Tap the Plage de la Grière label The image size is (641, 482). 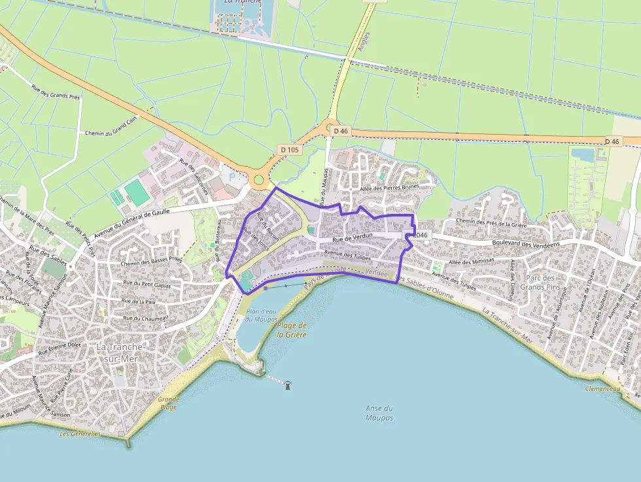click(292, 330)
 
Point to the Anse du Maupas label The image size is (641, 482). click(379, 413)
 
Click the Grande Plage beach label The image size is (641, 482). click(168, 403)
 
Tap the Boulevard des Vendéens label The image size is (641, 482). click(527, 244)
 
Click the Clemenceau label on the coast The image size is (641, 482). click(602, 388)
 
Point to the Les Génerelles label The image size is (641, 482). click(80, 434)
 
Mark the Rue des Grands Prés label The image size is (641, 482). click(56, 95)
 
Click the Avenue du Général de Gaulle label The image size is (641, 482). click(131, 222)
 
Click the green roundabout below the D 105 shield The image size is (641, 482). click(258, 179)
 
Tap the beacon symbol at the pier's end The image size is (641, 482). click(288, 385)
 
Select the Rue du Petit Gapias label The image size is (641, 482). click(147, 285)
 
